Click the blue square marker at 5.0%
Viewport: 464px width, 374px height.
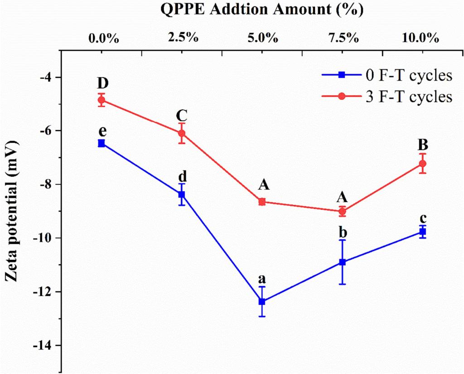click(x=262, y=301)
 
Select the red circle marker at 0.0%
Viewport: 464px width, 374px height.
click(x=101, y=100)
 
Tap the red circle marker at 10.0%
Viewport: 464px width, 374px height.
click(x=423, y=164)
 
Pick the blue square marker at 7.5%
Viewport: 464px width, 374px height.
click(x=343, y=262)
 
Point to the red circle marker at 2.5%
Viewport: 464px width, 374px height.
click(x=182, y=133)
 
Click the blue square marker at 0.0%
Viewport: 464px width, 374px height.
click(x=101, y=143)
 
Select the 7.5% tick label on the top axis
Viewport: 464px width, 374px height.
click(x=343, y=38)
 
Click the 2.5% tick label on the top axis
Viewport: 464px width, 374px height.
click(x=182, y=38)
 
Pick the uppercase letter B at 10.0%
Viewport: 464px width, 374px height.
click(x=423, y=145)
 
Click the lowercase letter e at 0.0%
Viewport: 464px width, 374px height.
click(x=102, y=131)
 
